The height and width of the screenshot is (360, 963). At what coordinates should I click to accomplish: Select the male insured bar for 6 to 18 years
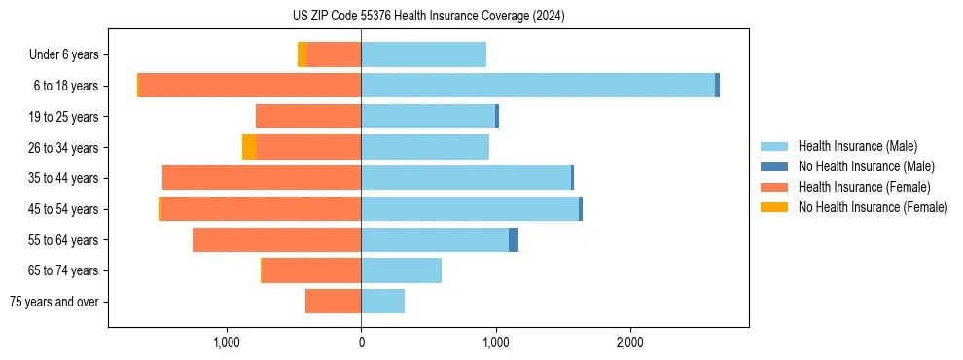coord(538,86)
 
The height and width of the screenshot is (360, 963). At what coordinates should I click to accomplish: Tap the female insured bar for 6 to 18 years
coord(250,86)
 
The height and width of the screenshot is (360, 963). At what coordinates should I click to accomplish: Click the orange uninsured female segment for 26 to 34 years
coord(249,147)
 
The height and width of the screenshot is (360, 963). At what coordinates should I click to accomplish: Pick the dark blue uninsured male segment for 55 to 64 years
coord(514,239)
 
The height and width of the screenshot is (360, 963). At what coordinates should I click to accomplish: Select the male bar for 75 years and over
coord(383,302)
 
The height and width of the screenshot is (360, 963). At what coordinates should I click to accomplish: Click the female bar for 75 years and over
coord(334,302)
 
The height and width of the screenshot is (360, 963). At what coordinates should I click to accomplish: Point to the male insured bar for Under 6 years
coord(423,54)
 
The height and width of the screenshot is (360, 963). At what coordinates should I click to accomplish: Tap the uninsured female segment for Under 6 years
coord(303,54)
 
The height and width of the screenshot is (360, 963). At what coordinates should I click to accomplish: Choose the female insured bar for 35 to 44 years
coord(262,178)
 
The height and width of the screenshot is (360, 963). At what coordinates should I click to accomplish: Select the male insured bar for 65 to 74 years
coord(402,270)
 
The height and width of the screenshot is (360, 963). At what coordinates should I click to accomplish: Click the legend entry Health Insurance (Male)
coord(857,146)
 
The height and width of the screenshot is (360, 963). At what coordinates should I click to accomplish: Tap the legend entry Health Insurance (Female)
coord(864,187)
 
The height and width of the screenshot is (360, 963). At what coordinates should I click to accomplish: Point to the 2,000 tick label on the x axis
coord(630,342)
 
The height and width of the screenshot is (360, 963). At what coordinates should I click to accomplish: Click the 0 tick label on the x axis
coord(362,342)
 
